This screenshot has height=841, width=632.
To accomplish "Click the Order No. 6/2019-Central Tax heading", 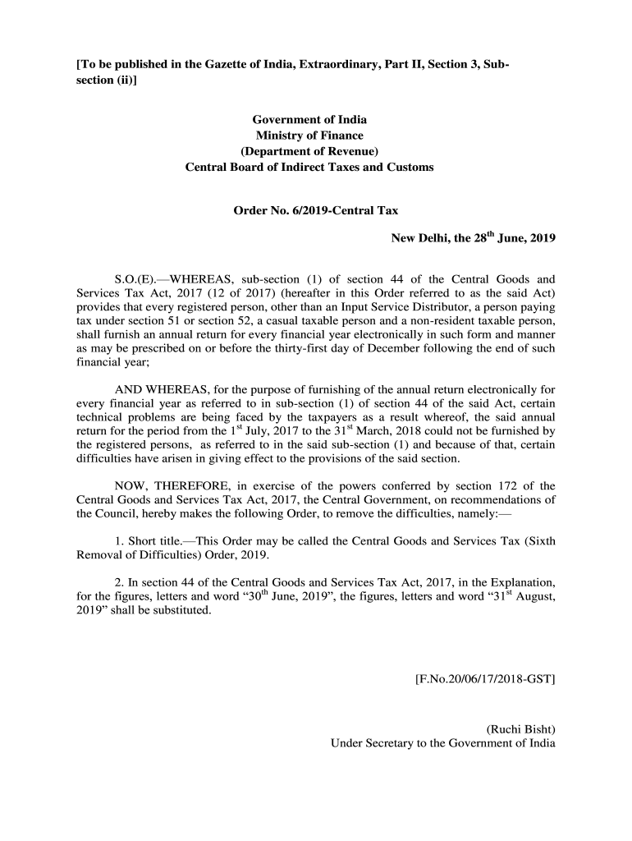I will coord(316,210).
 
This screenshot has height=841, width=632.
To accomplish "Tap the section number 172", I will coord(490,485).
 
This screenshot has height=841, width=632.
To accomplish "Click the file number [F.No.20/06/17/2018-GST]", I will coord(481,679).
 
